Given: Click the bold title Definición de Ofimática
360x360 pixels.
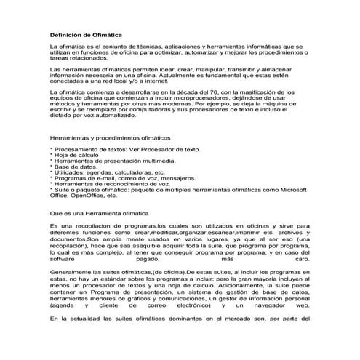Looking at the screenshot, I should coord(85,34).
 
